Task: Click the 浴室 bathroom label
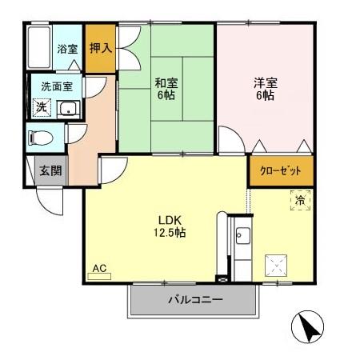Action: (66, 49)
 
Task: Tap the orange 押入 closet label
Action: (100, 49)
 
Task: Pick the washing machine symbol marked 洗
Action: (39, 107)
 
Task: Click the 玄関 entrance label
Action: (50, 170)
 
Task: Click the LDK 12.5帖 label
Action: (169, 226)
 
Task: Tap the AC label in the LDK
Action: (100, 270)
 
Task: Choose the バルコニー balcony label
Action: (194, 301)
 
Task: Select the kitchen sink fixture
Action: (242, 237)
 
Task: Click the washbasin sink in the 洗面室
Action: (68, 109)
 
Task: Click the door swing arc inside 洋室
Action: (230, 142)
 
